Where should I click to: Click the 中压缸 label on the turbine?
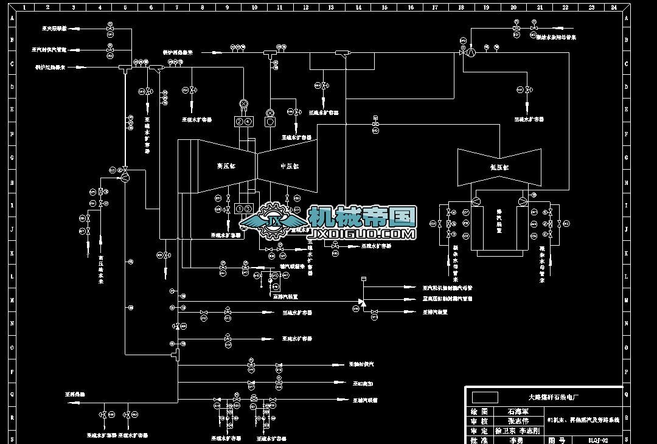pos(290,165)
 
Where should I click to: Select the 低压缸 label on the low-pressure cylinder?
pos(499,167)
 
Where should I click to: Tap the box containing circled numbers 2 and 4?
pos(243,122)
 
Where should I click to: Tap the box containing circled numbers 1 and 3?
pos(243,209)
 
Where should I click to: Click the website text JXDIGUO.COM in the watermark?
pos(363,234)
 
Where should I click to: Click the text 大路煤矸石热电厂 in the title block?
pos(553,397)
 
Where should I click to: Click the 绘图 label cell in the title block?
pos(480,411)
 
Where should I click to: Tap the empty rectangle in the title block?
pos(485,397)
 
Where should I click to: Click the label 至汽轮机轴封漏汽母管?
pos(448,287)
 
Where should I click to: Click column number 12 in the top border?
pos(305,7)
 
